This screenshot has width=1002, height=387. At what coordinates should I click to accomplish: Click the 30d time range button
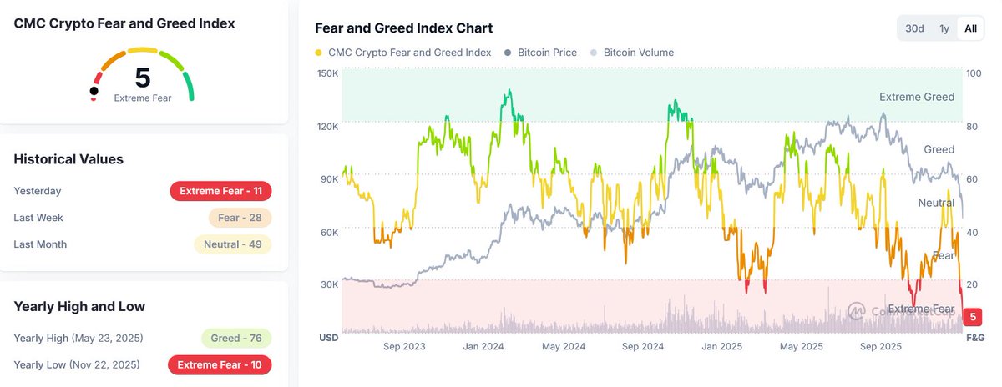(915, 28)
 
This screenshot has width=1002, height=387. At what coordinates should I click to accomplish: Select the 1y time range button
(944, 28)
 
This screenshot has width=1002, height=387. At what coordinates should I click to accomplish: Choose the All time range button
(970, 28)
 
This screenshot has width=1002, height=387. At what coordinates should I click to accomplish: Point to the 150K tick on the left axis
(328, 73)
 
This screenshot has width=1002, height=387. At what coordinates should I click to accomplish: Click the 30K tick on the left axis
(328, 284)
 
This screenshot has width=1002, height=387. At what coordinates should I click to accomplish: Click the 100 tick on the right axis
(973, 73)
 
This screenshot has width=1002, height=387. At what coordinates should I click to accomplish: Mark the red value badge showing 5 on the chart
(973, 317)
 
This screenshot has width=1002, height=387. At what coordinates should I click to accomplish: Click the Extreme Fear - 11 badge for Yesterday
(220, 191)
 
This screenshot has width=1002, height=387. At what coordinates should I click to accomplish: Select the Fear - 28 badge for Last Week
(240, 218)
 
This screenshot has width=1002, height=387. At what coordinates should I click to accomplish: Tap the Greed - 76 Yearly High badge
(236, 339)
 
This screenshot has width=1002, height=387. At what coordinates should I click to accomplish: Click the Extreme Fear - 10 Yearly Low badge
(220, 365)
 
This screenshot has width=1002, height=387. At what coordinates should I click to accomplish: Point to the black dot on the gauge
(94, 90)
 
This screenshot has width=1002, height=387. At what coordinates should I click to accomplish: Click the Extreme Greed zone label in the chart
(916, 98)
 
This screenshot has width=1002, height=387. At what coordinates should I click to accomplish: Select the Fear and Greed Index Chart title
(403, 28)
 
